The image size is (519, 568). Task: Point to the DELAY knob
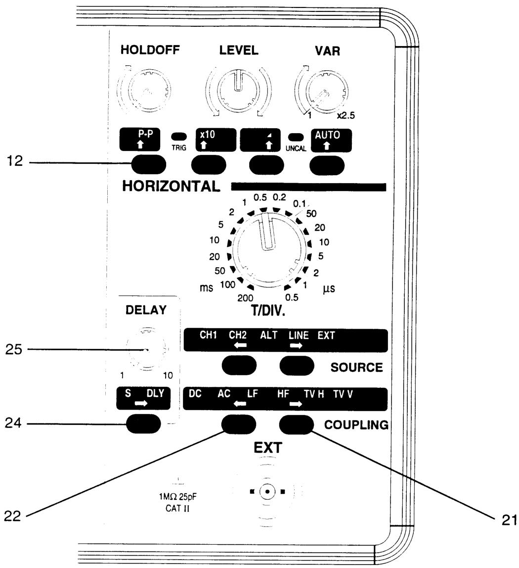pyautogui.click(x=146, y=349)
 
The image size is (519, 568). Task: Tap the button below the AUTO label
pyautogui.click(x=327, y=166)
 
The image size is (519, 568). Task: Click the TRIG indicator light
pyautogui.click(x=179, y=137)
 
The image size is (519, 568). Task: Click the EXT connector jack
pyautogui.click(x=267, y=492)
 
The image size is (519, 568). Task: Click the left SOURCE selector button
pyautogui.click(x=239, y=365)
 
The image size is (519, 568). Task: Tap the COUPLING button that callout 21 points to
pyautogui.click(x=297, y=425)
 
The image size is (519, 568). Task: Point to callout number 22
pyautogui.click(x=13, y=516)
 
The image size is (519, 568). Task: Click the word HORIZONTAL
pyautogui.click(x=171, y=186)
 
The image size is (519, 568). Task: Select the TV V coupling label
pyautogui.click(x=343, y=394)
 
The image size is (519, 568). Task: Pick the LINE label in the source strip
pyautogui.click(x=299, y=335)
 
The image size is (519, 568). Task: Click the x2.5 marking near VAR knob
pyautogui.click(x=346, y=116)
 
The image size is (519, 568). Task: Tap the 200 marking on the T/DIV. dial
pyautogui.click(x=245, y=298)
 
